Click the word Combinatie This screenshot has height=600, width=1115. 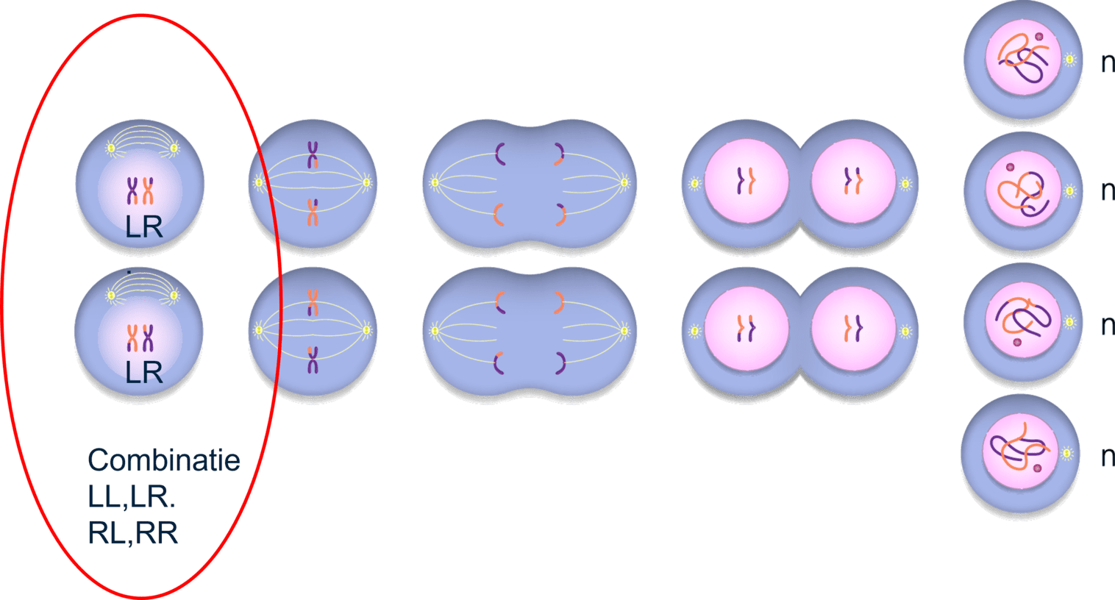[164, 461]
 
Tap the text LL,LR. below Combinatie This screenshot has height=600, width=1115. [132, 497]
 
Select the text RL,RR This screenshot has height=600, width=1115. [133, 533]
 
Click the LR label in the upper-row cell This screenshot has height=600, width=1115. [143, 227]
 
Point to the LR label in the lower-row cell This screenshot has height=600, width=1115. [143, 373]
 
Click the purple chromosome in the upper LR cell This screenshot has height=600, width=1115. [132, 190]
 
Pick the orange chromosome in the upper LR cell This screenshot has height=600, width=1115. [149, 190]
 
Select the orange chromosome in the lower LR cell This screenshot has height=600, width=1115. [132, 337]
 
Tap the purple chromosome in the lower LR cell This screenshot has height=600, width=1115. [149, 337]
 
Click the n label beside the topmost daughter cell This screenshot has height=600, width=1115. [1108, 63]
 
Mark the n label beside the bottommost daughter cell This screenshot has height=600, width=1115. [1108, 457]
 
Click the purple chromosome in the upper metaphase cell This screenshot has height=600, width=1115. [313, 155]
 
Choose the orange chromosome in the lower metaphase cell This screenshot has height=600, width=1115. [313, 302]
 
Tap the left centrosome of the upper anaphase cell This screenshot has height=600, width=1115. [435, 182]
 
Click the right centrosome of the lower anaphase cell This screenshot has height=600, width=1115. [624, 330]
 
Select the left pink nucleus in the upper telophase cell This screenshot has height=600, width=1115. [747, 182]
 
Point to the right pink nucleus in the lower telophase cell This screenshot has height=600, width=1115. [853, 330]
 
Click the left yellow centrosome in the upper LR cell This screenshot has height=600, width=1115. [111, 149]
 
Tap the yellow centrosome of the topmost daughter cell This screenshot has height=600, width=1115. [1071, 59]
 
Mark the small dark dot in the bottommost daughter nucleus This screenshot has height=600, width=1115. [1038, 468]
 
